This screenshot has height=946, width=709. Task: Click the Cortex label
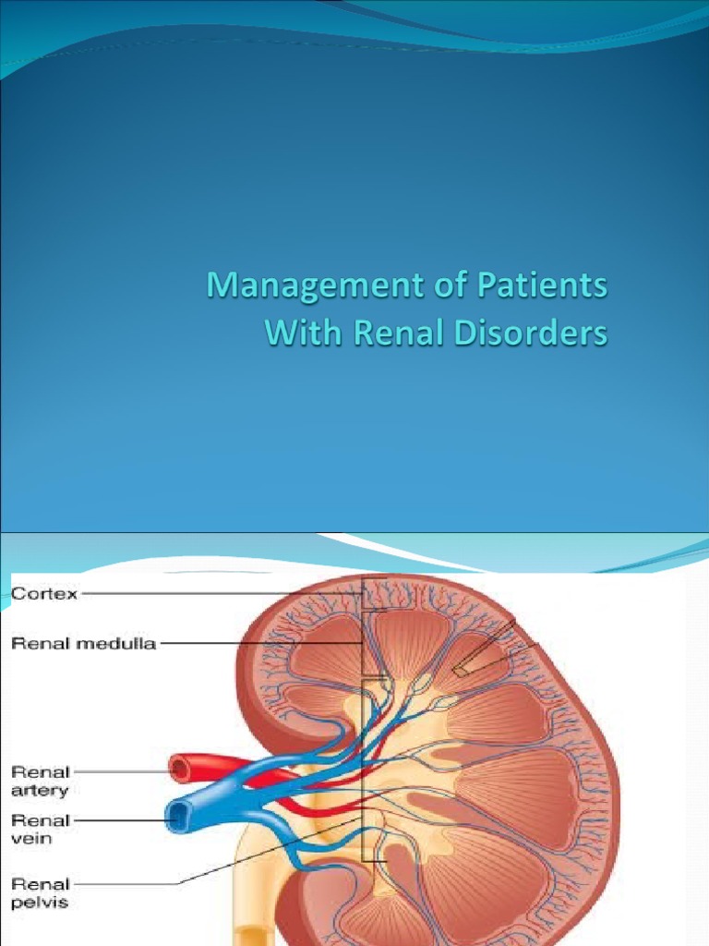point(44,594)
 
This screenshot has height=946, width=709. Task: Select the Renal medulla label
point(83,644)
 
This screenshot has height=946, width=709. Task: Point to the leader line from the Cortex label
point(222,594)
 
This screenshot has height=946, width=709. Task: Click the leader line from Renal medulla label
point(258,644)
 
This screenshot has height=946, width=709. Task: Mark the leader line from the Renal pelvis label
point(268,846)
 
